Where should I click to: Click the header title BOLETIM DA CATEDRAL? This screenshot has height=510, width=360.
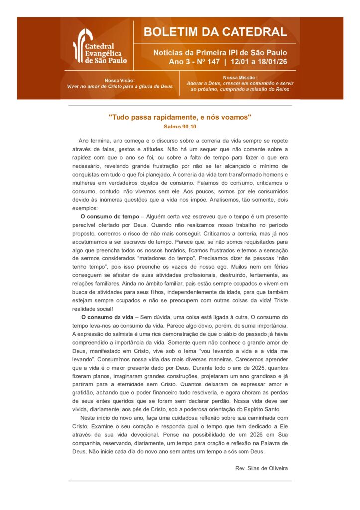click(216, 33)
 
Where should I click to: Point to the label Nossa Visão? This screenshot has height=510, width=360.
click(120, 80)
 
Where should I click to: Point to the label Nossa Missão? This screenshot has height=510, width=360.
click(240, 77)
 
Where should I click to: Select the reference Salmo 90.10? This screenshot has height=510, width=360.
click(180, 127)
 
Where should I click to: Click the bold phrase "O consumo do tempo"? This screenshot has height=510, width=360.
click(110, 216)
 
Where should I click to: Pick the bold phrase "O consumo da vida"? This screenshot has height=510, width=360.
click(107, 317)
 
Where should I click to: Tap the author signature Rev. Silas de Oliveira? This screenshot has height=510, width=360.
click(261, 468)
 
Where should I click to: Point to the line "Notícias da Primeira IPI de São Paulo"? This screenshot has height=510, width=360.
click(220, 52)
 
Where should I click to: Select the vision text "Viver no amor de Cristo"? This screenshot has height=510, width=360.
click(98, 86)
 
